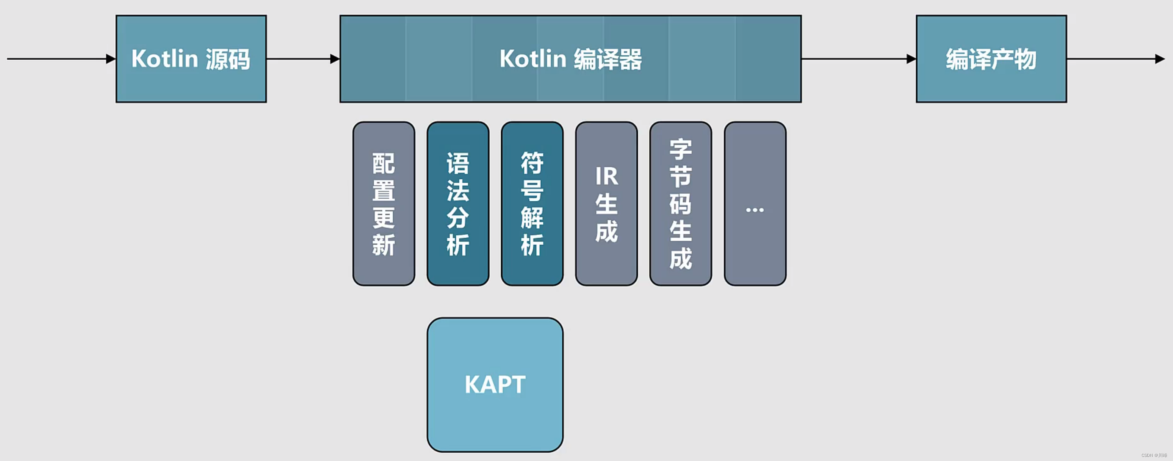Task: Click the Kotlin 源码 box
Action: (191, 59)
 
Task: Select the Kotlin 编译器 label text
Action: (570, 59)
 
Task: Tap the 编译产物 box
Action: (991, 59)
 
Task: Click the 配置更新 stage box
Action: (384, 204)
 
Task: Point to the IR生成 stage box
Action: (606, 204)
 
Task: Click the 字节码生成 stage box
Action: (681, 204)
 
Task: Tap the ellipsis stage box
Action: (755, 204)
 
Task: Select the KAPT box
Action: (495, 384)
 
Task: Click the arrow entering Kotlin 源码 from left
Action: (59, 59)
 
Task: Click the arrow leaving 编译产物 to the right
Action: (1116, 59)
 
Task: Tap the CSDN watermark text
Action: (1154, 455)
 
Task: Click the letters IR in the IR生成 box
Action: (606, 176)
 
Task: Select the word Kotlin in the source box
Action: (165, 59)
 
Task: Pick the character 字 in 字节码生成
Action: (681, 149)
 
